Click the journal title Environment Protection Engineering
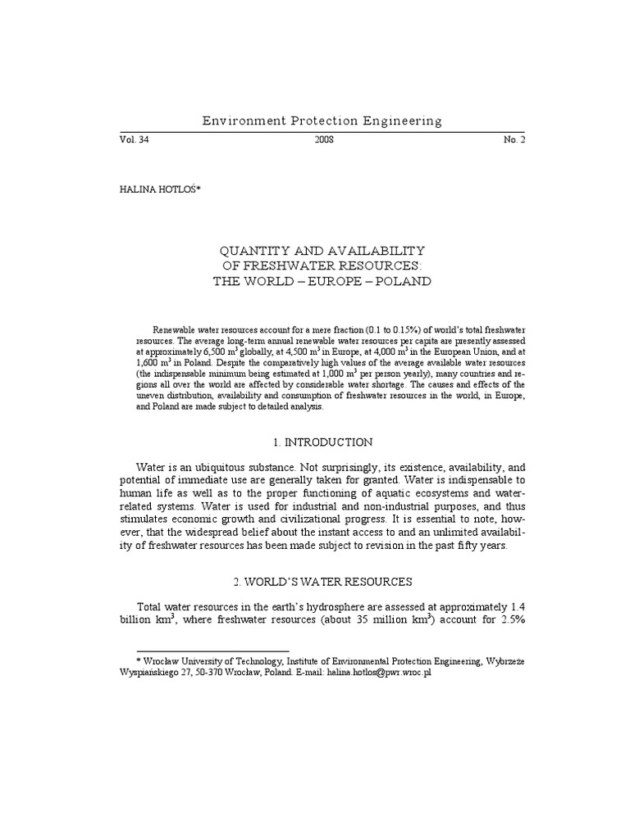click(x=322, y=121)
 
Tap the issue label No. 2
click(x=514, y=140)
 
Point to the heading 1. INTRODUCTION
click(x=322, y=442)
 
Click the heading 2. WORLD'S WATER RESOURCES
click(x=322, y=582)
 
